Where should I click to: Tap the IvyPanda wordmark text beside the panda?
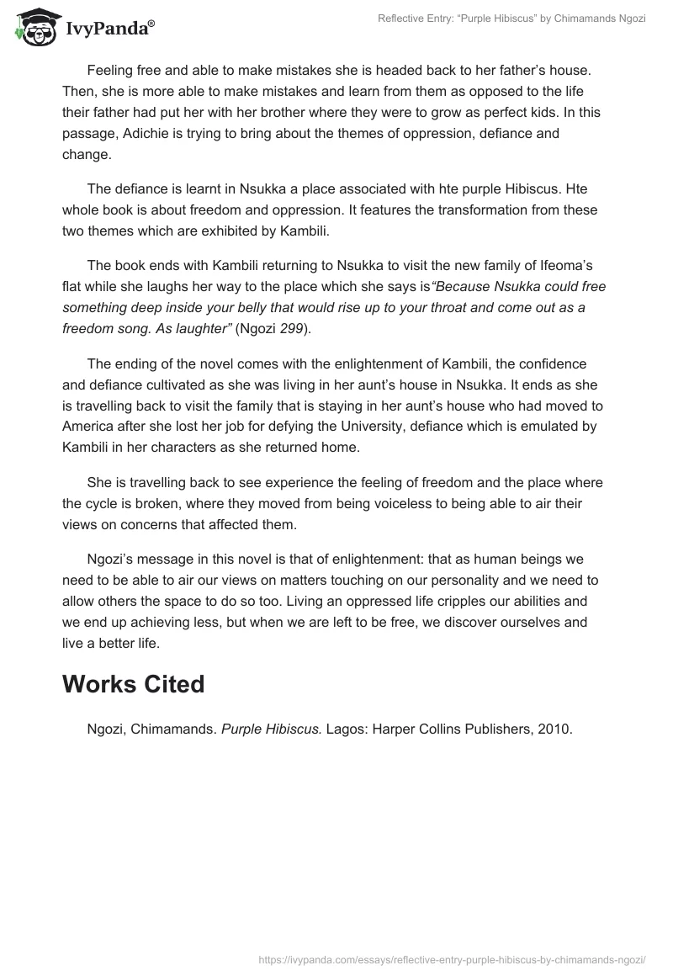click(x=110, y=27)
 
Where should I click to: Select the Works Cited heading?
click(x=133, y=684)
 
